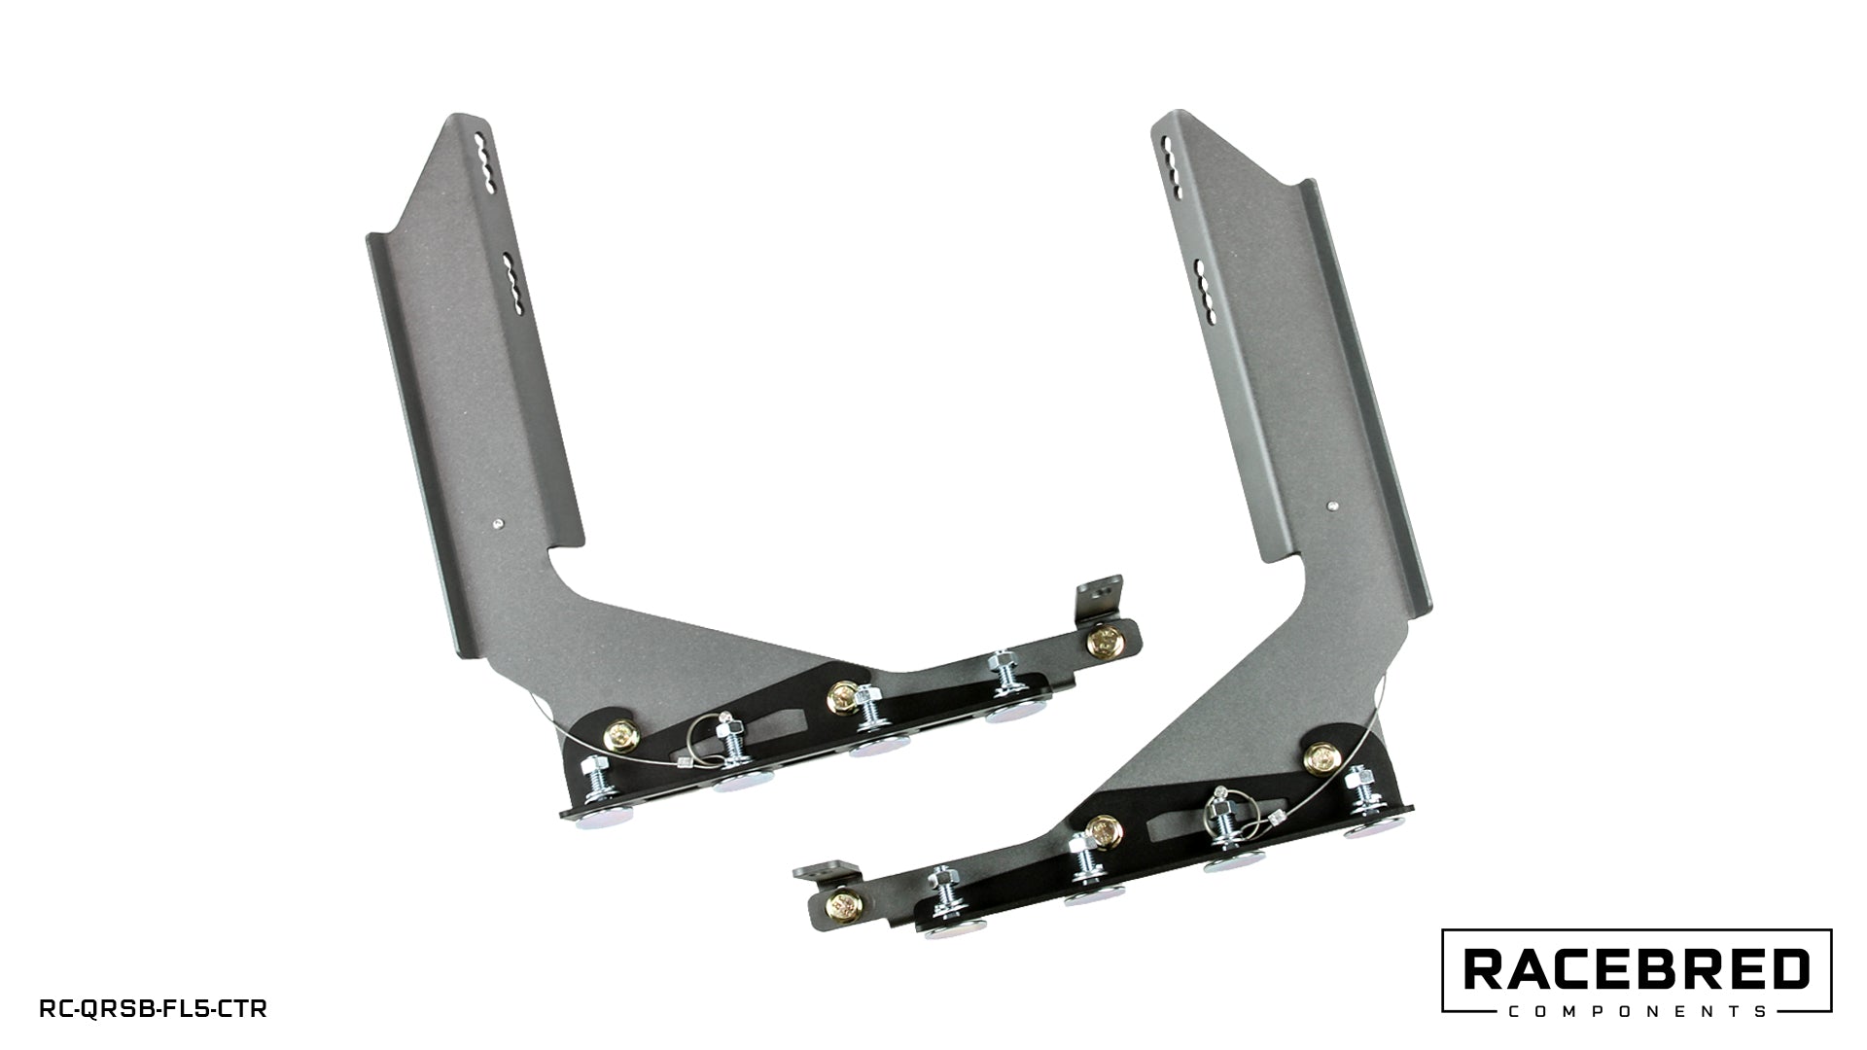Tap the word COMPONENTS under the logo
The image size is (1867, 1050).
pyautogui.click(x=1637, y=1011)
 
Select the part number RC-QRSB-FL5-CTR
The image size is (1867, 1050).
pyautogui.click(x=153, y=1009)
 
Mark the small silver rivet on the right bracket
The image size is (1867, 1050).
pyautogui.click(x=1333, y=506)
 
